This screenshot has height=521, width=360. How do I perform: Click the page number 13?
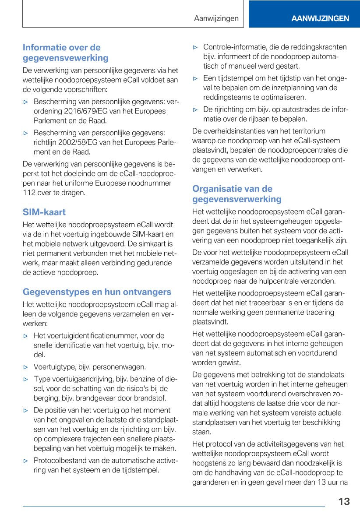point(344,502)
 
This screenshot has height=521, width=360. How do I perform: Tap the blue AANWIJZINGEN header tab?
point(320,18)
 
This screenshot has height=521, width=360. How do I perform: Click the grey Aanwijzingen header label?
point(216,18)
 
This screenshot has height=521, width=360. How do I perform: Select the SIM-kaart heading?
point(44,212)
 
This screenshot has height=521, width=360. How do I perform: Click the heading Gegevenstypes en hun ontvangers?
point(97,292)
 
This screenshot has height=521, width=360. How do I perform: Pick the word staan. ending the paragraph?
point(201,432)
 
